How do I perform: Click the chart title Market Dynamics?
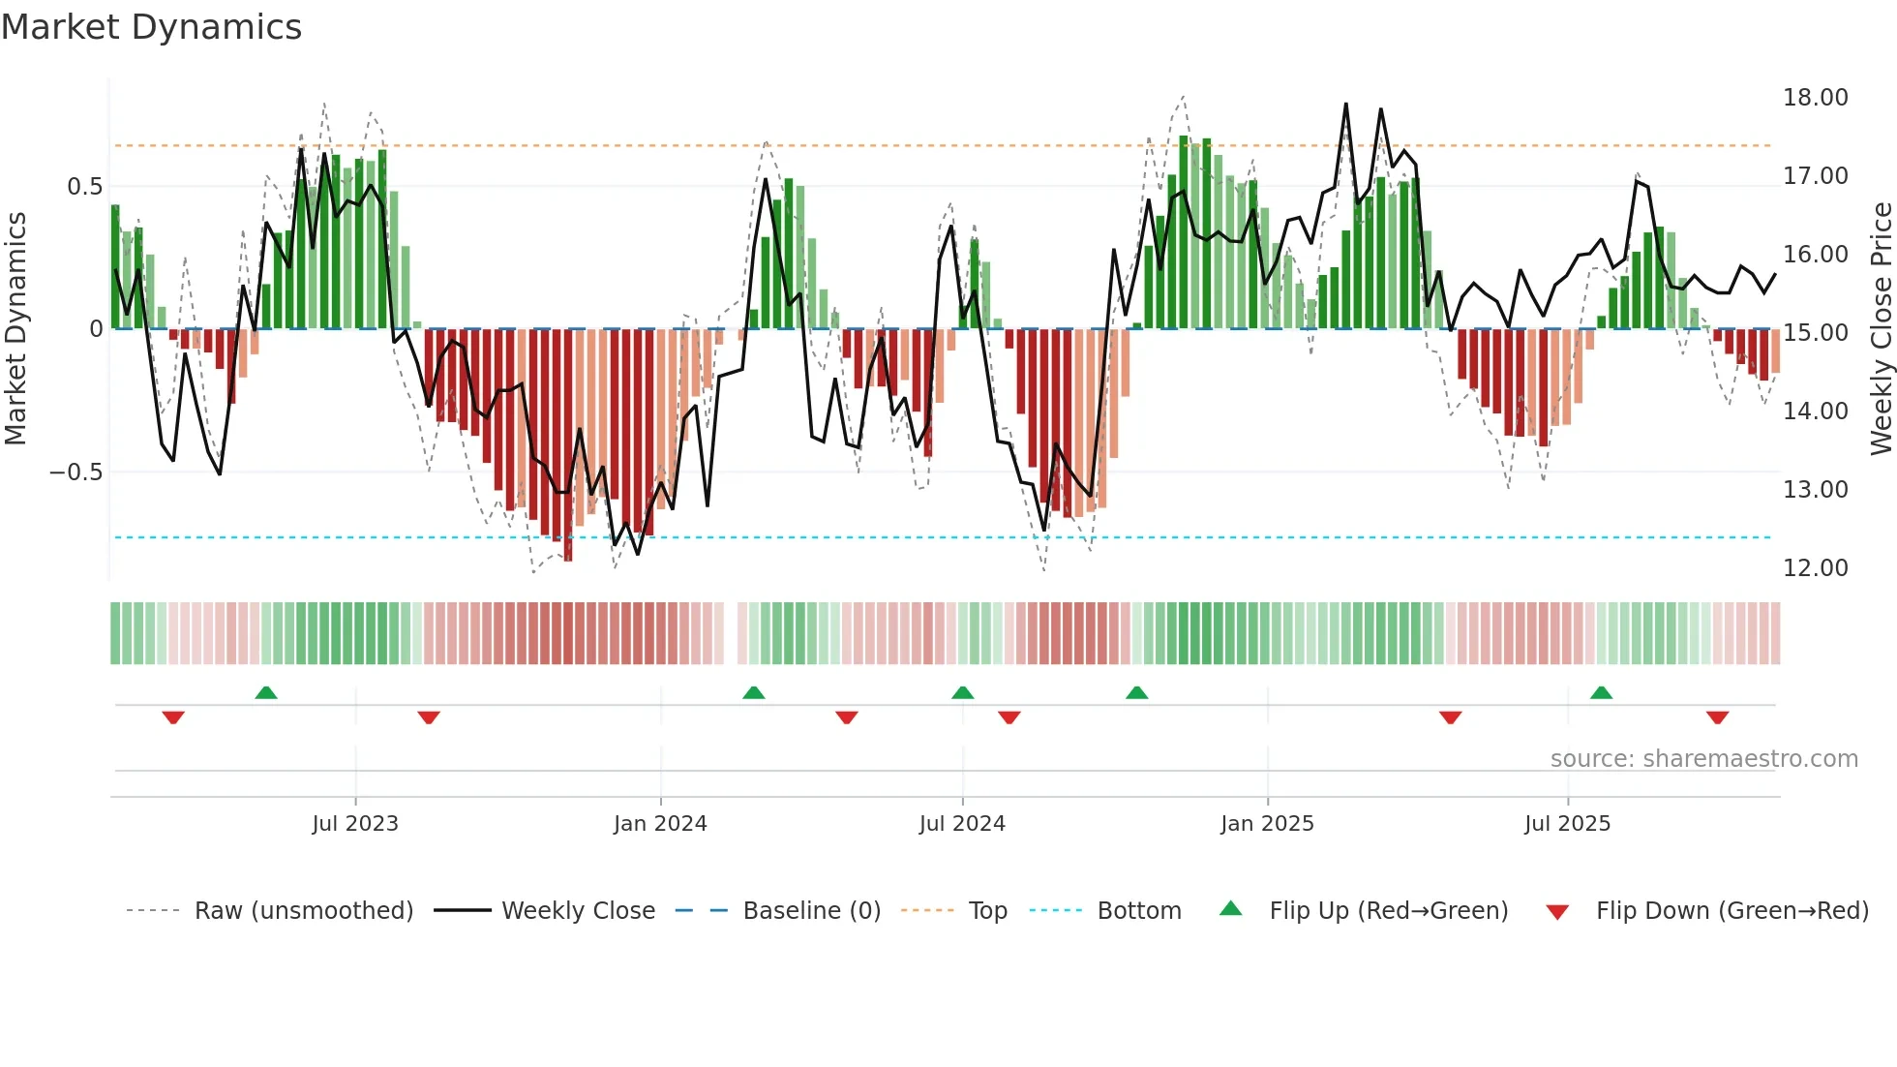coord(151,27)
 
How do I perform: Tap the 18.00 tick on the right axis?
coord(1815,98)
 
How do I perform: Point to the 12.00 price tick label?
coord(1815,568)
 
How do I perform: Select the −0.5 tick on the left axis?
coord(75,473)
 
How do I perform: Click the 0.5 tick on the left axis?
coord(84,187)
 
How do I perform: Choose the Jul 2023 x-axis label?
coord(354,824)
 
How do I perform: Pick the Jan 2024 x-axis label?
coord(660,824)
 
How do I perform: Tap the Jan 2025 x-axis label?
coord(1267,824)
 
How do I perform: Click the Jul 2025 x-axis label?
coord(1567,824)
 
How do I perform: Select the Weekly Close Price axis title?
coord(1881,329)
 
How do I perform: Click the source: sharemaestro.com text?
coord(1703,759)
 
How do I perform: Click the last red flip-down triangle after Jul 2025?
coord(1717,717)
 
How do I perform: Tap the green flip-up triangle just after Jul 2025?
coord(1601,692)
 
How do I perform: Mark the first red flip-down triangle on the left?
coord(173,717)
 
